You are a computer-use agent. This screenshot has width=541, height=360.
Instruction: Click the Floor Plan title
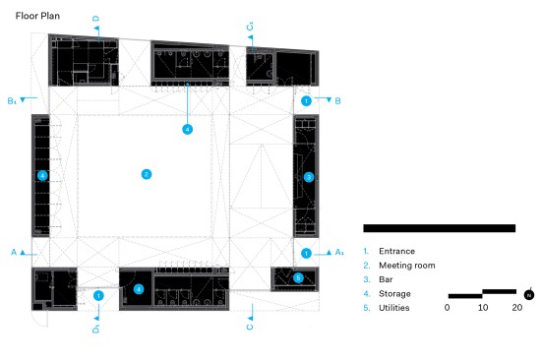point(37,16)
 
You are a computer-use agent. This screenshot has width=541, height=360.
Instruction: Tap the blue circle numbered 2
point(147,174)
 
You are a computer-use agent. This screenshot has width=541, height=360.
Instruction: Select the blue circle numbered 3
point(309,177)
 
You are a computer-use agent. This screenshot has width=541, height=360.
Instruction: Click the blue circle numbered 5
point(298,277)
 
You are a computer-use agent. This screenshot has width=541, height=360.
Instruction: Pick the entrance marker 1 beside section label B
point(306,100)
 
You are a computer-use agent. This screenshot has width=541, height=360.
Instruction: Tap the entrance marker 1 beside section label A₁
point(306,254)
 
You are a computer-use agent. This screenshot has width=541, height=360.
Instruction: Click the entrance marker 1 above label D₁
point(98,296)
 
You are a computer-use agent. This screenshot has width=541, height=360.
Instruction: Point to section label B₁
point(12,101)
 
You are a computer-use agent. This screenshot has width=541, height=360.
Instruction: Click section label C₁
point(250,27)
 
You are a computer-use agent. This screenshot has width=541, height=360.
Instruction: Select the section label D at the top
point(96,19)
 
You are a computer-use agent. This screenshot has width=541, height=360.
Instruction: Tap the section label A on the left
point(14,252)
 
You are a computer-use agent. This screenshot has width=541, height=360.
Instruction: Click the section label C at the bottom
point(250,327)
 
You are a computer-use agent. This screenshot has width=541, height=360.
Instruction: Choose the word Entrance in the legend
point(396,251)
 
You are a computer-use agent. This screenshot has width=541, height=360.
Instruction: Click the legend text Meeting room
point(407,265)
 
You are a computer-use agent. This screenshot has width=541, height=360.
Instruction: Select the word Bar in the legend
point(386,279)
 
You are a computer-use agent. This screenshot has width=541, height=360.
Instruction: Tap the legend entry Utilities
point(394,308)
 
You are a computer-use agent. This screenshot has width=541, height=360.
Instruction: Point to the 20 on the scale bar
point(516,307)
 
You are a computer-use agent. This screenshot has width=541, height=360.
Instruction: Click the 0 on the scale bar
point(448,307)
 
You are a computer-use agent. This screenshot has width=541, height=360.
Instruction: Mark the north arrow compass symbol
point(529,294)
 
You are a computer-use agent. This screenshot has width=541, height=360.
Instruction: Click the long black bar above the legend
point(440,228)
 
